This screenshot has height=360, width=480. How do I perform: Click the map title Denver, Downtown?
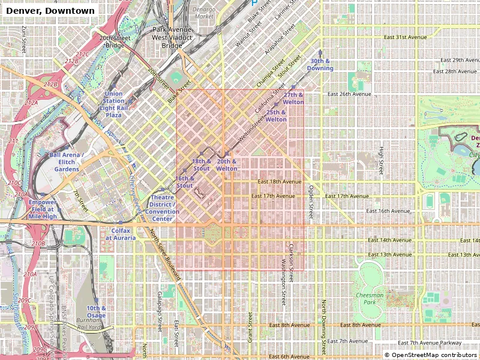click(x=50, y=11)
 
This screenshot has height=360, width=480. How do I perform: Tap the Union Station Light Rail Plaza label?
click(x=114, y=104)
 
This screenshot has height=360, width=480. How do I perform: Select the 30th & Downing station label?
click(x=322, y=65)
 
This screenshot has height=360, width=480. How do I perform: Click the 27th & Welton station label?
click(x=294, y=98)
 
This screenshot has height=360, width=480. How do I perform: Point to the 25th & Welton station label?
click(x=276, y=116)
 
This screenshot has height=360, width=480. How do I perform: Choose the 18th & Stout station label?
click(x=201, y=165)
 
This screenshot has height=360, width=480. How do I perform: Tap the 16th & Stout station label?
click(x=185, y=182)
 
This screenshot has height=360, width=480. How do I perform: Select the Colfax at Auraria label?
click(x=121, y=234)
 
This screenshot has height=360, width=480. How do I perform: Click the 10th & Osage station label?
click(x=96, y=311)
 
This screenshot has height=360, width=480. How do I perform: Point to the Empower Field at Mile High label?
click(x=43, y=209)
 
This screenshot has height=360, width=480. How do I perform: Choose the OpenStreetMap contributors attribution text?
click(x=431, y=355)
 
